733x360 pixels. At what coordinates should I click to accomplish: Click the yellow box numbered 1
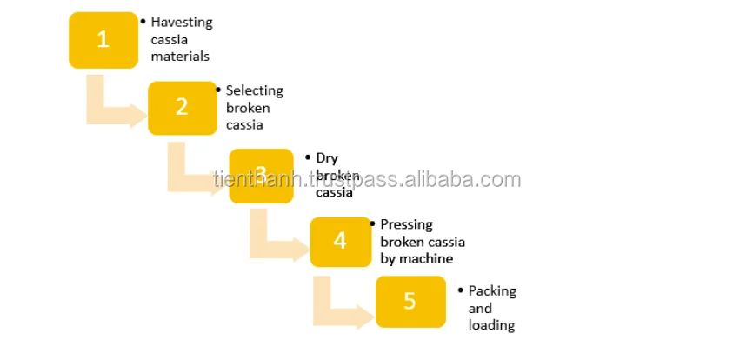[103, 40]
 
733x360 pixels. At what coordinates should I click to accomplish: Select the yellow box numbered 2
[182, 107]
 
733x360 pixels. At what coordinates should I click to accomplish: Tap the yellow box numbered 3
[261, 176]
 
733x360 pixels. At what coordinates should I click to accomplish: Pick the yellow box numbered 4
[340, 241]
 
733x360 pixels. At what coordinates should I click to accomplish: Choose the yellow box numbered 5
[410, 302]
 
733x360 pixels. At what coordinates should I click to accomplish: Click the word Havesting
[181, 22]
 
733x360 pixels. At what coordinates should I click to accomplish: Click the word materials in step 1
[180, 56]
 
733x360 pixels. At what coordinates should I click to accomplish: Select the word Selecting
[254, 90]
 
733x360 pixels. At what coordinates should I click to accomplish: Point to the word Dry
[327, 158]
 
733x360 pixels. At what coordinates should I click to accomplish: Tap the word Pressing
[406, 224]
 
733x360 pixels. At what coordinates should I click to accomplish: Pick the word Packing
[491, 290]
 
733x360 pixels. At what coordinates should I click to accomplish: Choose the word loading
[491, 325]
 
